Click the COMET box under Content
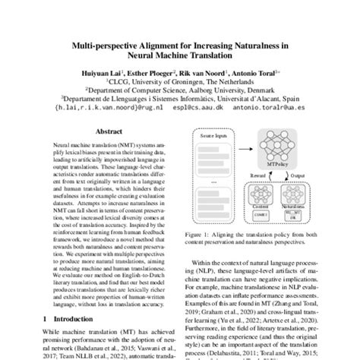pos(241,215)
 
